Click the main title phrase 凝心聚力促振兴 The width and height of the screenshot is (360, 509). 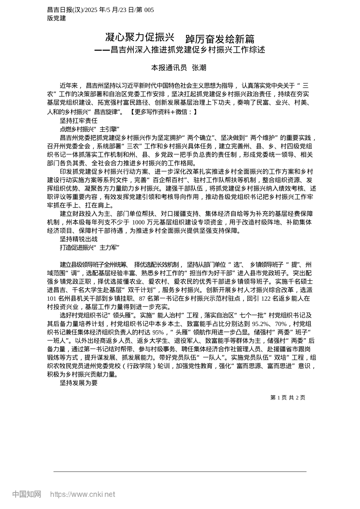139,37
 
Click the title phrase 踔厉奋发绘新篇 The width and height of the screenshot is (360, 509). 220,39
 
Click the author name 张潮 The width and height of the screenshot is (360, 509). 199,68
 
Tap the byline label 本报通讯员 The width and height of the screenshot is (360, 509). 169,68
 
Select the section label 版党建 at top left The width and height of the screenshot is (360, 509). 56,18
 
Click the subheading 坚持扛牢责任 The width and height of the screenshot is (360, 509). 78,121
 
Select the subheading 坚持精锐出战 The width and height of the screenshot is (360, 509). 78,239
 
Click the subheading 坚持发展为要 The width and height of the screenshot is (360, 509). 78,383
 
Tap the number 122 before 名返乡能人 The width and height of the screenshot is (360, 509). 267,298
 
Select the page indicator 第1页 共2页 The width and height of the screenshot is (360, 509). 288,397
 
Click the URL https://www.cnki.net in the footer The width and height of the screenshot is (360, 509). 83,494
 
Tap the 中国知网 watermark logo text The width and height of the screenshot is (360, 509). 27,494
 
